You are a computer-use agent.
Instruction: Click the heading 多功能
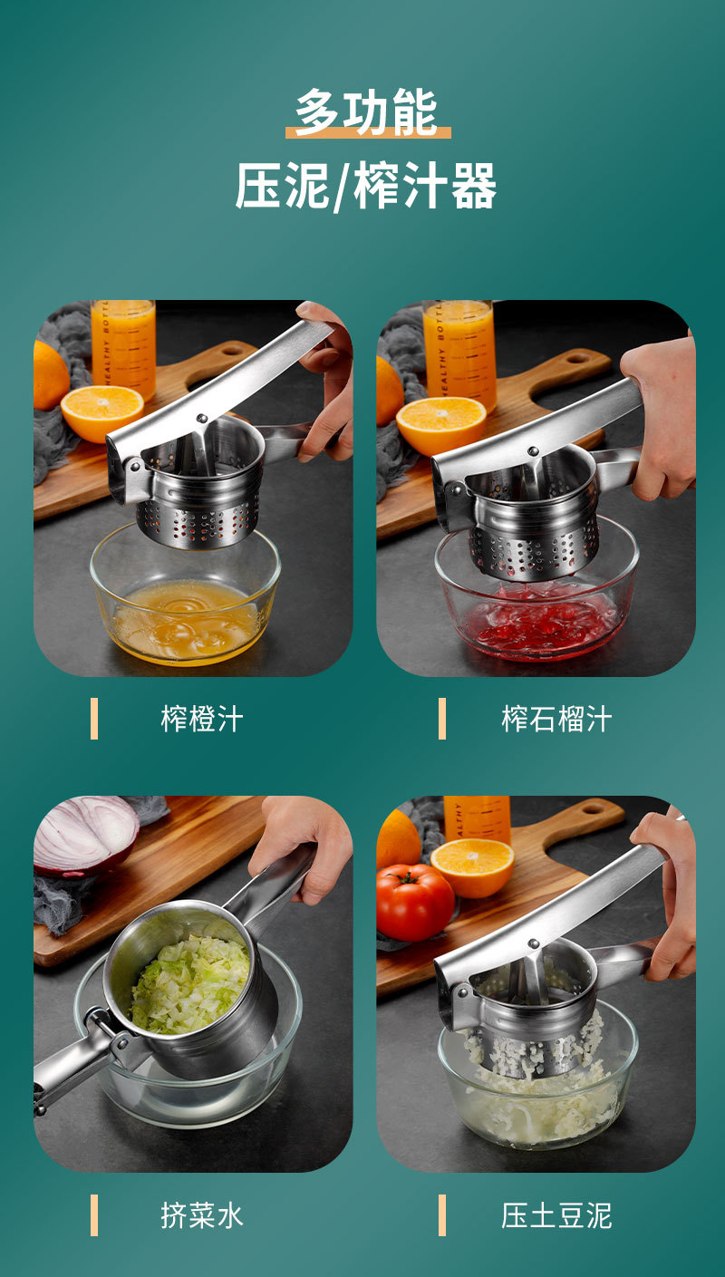367,112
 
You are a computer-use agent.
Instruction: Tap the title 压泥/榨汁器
365,186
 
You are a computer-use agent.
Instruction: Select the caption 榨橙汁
202,719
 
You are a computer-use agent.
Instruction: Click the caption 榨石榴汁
556,719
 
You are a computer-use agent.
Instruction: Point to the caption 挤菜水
202,1214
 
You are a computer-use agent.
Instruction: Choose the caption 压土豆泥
556,1214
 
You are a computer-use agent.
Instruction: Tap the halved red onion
85,834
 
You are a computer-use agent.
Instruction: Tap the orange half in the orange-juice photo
102,412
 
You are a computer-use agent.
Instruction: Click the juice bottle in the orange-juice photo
123,350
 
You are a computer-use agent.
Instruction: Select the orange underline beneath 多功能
368,133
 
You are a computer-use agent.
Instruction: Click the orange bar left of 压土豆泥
441,1215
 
